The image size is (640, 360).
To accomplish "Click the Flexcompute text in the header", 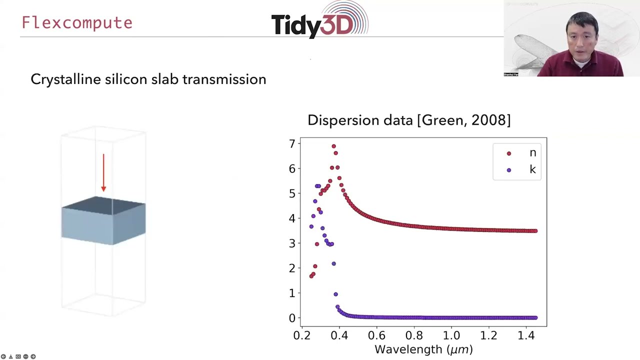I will (77, 23).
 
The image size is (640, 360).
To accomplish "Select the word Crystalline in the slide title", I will (65, 79).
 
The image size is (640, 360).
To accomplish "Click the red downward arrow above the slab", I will (103, 172).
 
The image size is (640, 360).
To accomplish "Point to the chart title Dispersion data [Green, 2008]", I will (408, 120).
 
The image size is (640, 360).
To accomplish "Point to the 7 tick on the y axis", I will (291, 144).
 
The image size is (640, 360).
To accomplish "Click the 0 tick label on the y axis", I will (291, 318).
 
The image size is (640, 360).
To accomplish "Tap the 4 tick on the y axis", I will (291, 218).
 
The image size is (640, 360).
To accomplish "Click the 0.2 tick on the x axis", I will (301, 335).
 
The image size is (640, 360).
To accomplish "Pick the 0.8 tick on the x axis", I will (414, 335).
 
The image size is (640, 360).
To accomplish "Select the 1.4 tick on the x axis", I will (526, 335).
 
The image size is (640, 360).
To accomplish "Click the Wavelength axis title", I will (423, 349).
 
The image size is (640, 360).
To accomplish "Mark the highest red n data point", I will (334, 146).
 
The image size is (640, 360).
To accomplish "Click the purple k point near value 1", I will (335, 294).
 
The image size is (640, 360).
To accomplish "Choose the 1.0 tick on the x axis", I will (451, 335).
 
